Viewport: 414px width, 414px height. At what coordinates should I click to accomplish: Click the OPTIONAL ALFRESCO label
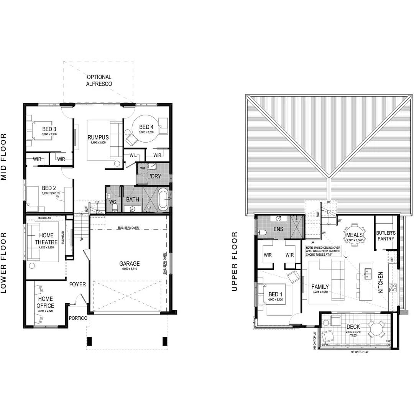99,80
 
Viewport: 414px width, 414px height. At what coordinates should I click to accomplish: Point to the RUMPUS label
98,137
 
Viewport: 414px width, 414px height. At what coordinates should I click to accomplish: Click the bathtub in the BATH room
163,199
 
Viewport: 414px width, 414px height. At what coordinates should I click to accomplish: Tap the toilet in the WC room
114,207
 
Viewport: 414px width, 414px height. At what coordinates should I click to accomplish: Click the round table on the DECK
376,329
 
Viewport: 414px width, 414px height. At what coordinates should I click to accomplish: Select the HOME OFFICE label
45,302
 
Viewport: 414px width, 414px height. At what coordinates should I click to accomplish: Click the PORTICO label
78,318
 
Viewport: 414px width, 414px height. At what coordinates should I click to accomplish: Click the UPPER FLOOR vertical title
235,261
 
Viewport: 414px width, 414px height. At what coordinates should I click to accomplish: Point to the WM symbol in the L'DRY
142,168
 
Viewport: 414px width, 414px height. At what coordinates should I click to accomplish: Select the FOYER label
77,284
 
